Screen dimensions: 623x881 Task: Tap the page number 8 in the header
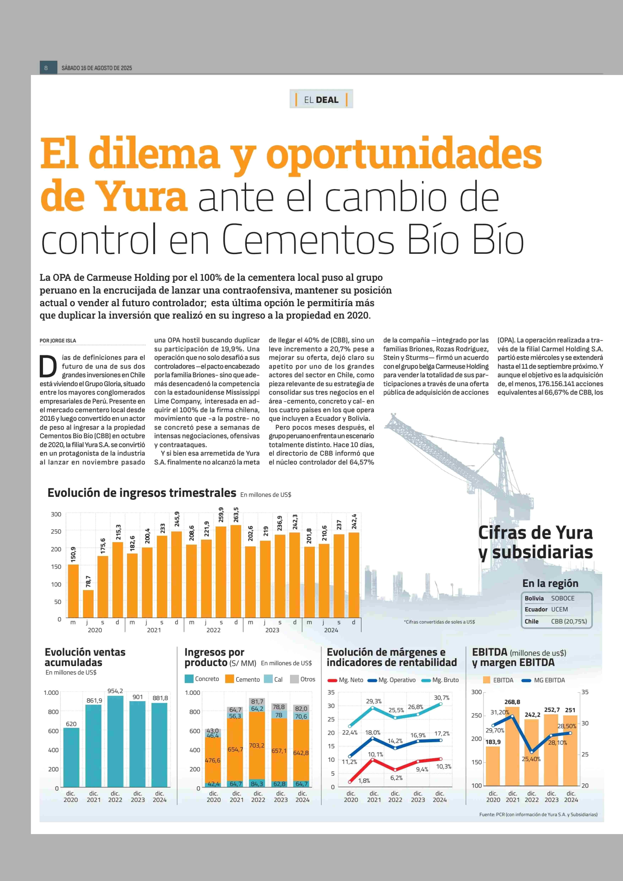(x=46, y=68)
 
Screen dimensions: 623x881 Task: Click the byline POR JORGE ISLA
(x=58, y=340)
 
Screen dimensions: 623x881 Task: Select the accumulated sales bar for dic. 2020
(x=71, y=757)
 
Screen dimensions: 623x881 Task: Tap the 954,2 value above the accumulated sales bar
(x=115, y=691)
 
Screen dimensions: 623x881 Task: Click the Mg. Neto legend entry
(x=345, y=680)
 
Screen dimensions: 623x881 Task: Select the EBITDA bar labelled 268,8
(x=513, y=746)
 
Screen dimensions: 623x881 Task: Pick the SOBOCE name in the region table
(x=563, y=598)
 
